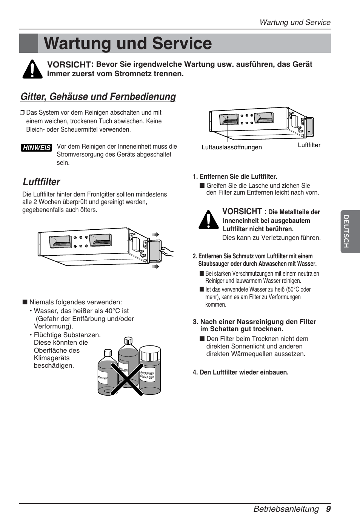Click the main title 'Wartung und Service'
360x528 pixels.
tap(128, 43)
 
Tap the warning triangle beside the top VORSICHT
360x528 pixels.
tap(32, 69)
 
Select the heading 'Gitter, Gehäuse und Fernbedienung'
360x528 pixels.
tap(98, 97)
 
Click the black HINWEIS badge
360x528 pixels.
tap(36, 148)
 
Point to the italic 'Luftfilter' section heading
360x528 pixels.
tap(41, 182)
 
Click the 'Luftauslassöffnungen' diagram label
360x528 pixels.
tap(231, 147)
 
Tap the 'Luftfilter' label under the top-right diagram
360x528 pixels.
tap(309, 145)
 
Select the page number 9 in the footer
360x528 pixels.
tap(328, 509)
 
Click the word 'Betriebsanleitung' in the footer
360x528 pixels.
tap(286, 509)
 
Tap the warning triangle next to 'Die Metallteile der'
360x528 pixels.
tap(208, 219)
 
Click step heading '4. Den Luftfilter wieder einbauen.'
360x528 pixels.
tap(240, 372)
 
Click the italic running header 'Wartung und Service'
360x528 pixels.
tap(295, 22)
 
